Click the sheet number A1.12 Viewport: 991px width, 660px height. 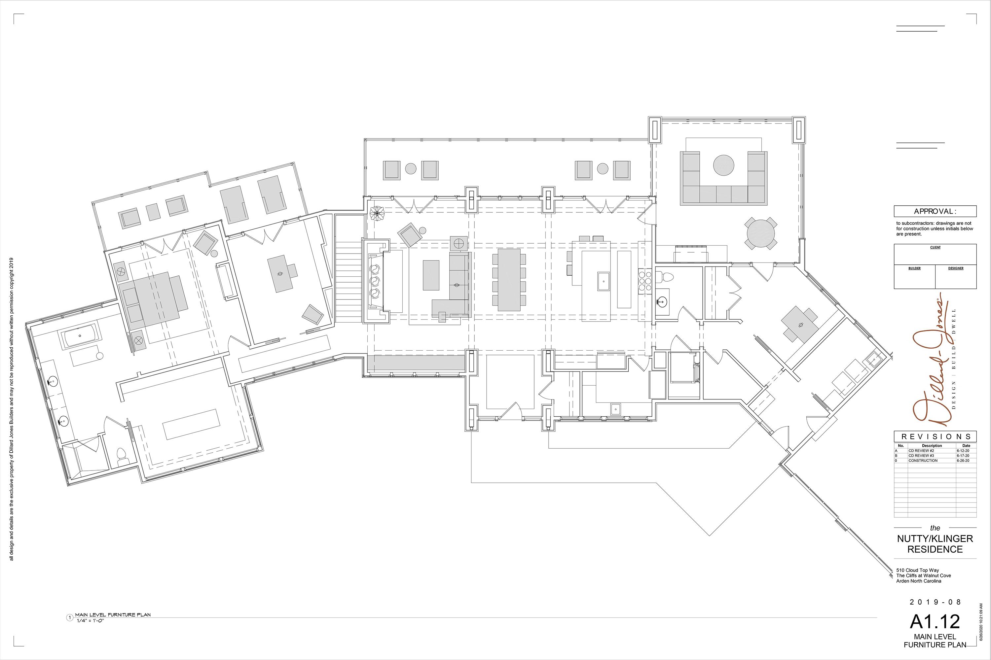[x=935, y=621]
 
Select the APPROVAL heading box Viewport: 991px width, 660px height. [x=935, y=211]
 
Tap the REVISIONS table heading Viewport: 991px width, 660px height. [x=935, y=436]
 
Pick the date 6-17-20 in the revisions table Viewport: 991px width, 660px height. [x=963, y=455]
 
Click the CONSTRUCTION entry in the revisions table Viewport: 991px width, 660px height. [x=923, y=461]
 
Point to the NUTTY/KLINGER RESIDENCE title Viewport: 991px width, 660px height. [x=935, y=544]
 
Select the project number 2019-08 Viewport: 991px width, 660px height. [x=935, y=602]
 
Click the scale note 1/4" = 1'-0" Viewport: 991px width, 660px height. [x=90, y=621]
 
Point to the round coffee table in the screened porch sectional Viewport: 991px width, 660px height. [x=723, y=164]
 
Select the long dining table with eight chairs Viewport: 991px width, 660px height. [x=509, y=280]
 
